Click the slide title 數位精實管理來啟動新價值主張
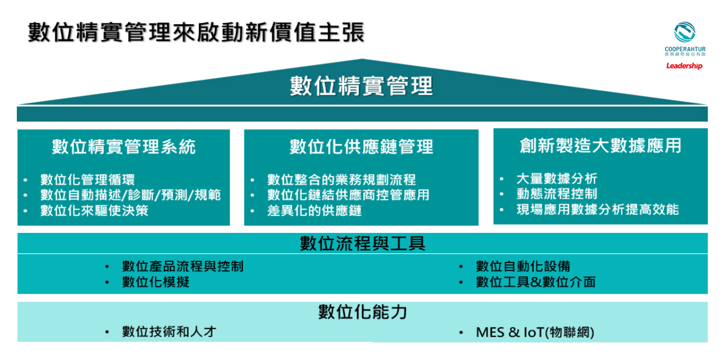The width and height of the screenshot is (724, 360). coord(196,32)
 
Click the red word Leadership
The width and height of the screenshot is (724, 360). coord(684,66)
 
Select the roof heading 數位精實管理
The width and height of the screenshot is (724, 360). coord(361,85)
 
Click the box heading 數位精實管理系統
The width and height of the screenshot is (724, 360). coord(123,146)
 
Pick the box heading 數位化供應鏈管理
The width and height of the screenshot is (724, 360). coord(361,146)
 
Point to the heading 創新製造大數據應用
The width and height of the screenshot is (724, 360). coord(601,145)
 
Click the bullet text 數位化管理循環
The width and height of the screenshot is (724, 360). coord(87,179)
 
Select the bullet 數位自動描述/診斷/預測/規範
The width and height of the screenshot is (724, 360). coord(130,195)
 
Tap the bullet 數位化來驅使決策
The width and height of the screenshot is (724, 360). coord(94,211)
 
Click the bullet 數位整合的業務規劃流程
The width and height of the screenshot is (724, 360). coord(342,179)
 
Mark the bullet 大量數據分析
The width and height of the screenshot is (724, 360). coord(557,178)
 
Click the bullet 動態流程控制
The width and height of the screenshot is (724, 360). coord(557,194)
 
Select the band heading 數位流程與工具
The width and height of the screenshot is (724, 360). coord(363,243)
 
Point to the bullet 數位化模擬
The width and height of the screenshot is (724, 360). coord(155,282)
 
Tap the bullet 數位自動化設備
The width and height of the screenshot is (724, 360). coord(523,266)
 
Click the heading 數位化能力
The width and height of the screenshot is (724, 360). coord(363,312)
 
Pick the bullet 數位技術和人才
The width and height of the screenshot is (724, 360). coord(169,332)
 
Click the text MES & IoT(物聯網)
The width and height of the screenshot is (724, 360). coord(535,332)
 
